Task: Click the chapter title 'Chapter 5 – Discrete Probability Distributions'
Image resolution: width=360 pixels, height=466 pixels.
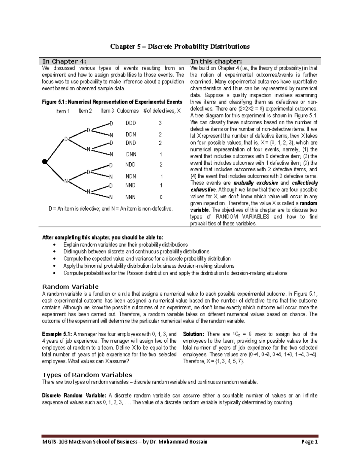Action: [x=180, y=47]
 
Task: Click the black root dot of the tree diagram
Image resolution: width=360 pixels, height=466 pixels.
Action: [x=45, y=162]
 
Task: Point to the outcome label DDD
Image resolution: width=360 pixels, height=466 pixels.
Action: [x=130, y=123]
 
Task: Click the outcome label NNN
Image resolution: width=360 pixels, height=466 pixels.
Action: [x=130, y=197]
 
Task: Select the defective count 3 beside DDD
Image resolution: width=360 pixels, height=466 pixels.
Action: [x=160, y=123]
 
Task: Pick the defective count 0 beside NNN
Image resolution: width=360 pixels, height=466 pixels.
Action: [x=161, y=197]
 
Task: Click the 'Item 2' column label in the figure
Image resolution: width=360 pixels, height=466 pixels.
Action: [x=85, y=111]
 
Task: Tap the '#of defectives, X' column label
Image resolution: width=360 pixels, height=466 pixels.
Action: [x=162, y=111]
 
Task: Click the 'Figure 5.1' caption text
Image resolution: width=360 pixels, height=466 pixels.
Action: [x=112, y=102]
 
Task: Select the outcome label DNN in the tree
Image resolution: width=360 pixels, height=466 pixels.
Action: [x=131, y=155]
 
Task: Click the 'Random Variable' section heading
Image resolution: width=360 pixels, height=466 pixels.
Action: [x=70, y=287]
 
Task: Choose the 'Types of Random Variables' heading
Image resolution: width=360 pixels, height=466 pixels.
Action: [x=87, y=375]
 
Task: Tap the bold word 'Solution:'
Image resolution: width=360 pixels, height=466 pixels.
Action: [x=193, y=334]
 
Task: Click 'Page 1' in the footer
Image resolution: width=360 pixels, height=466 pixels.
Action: [x=310, y=442]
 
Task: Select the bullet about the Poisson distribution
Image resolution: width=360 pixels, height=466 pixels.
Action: [x=175, y=273]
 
